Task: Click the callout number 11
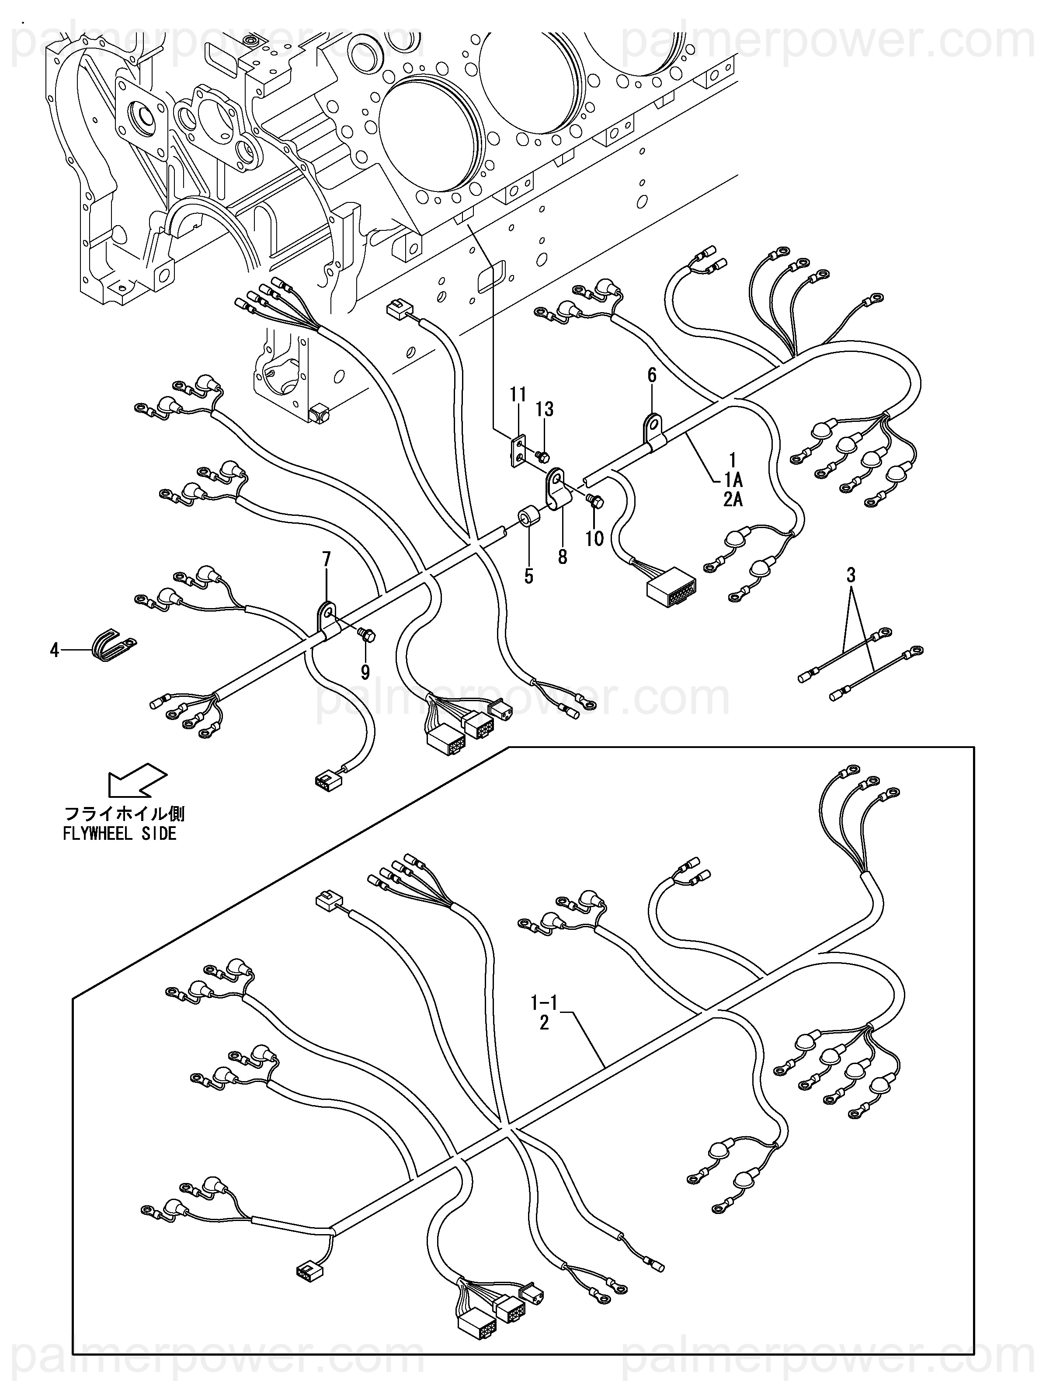[x=518, y=395]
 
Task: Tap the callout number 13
[x=544, y=410]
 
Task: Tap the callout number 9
[x=365, y=672]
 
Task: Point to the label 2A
[x=733, y=499]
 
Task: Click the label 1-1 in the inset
[x=544, y=1003]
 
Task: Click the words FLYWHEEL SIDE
[x=120, y=834]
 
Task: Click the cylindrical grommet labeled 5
[x=528, y=517]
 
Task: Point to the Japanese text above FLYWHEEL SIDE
[x=125, y=814]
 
